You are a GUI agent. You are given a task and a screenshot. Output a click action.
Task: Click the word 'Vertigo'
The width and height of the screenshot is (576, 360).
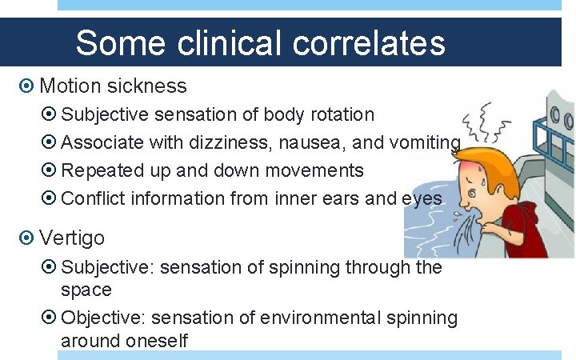coord(71,238)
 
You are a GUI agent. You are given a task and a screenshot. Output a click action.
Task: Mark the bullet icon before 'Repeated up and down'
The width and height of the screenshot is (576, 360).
coord(50,171)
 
